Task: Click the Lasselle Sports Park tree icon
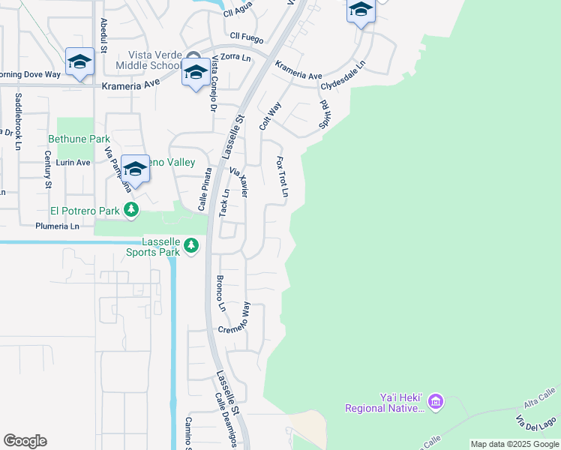coord(191,245)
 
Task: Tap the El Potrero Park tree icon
coord(131,209)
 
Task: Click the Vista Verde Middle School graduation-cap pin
coord(195,74)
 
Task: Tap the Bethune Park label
coord(79,139)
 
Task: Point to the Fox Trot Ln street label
coord(282,178)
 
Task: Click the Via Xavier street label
coord(239,182)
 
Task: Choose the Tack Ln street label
coord(223,202)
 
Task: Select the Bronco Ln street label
coord(220,293)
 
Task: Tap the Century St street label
coord(47,169)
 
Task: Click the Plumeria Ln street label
coord(57,225)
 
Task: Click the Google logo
coord(25,441)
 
